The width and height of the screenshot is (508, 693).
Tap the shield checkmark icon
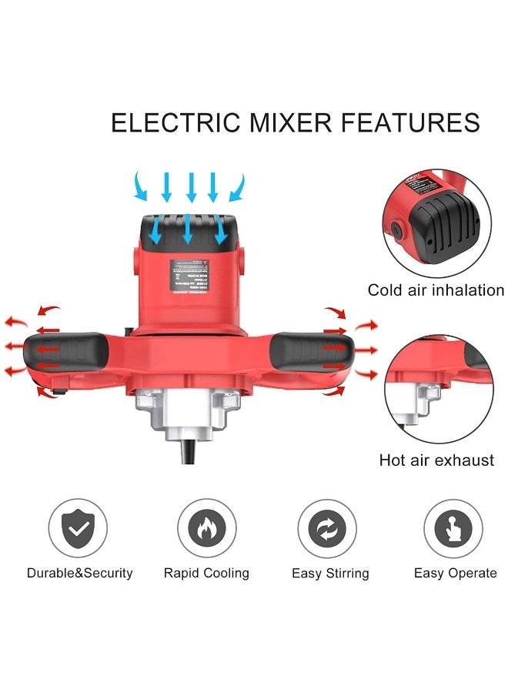coord(78,529)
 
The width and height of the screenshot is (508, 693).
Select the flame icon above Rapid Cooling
coord(206,529)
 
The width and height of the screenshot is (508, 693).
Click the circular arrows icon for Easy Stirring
coord(327,529)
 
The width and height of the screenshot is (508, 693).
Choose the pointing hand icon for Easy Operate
coord(453,529)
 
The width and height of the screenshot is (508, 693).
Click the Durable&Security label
coord(80,573)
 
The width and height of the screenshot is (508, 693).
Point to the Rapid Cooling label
coord(206,573)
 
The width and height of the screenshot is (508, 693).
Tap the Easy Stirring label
coord(330,574)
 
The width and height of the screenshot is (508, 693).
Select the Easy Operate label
coord(455,573)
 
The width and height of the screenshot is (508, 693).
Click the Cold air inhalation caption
coord(436,290)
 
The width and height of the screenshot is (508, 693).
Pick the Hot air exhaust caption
coord(436,460)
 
